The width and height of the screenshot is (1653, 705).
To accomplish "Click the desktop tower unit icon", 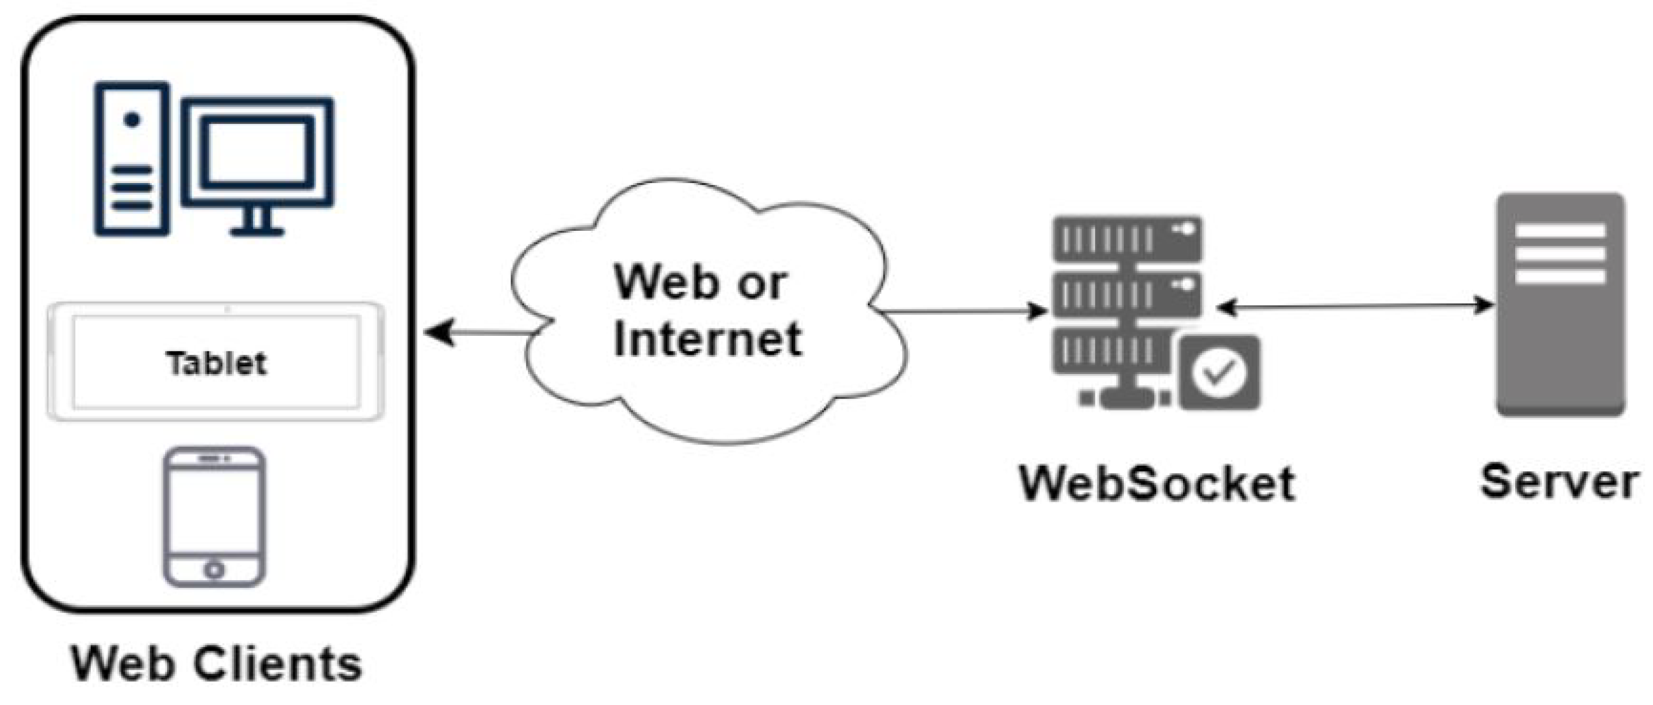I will pos(132,159).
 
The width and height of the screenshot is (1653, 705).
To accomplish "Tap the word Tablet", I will pos(217,363).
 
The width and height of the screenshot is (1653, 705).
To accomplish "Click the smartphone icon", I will pos(214,517).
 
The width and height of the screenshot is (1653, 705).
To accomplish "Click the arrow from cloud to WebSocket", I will pos(963,312).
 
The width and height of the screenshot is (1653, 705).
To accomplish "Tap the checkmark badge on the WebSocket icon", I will pos(1218,372).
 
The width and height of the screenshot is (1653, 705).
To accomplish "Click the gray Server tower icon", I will pos(1561,305).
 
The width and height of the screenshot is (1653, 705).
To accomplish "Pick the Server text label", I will pos(1559,481).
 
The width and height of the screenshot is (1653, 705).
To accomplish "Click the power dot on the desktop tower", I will pos(132,120).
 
